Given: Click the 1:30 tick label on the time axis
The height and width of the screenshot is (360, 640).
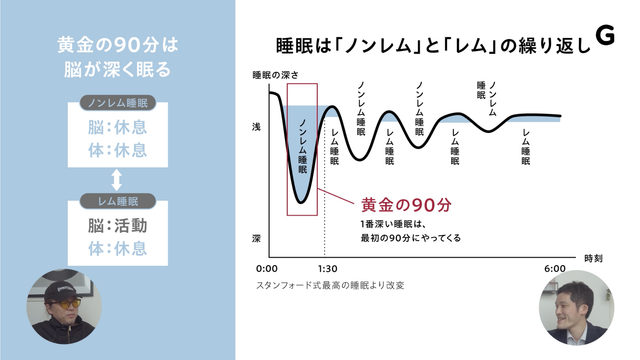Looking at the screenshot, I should pos(326,269).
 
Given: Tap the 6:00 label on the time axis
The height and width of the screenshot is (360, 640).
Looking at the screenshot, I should pos(556,269).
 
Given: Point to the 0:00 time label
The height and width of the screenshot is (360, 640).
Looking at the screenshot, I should pos(266,269).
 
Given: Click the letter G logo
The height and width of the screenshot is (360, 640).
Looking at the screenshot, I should pos(603,35).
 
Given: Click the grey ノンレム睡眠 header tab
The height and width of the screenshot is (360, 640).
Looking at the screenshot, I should pos(116,103).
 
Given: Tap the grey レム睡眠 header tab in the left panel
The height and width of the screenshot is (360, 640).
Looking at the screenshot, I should pos(116,200).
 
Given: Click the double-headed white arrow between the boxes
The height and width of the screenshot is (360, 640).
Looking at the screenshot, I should pos(116,179).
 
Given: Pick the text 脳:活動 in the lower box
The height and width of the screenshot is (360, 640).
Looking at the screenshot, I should pos(116,225).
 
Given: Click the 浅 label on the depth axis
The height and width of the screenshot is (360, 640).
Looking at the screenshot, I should pos(257,128).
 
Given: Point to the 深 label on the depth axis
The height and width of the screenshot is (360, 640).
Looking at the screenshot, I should pos(257,239).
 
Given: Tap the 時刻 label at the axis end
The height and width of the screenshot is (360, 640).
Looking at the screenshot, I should pos(594,258).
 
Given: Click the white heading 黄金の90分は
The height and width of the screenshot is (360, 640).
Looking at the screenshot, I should pos(116,45).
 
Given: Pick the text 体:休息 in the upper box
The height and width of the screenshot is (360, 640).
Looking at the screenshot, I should pos(116,150).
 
